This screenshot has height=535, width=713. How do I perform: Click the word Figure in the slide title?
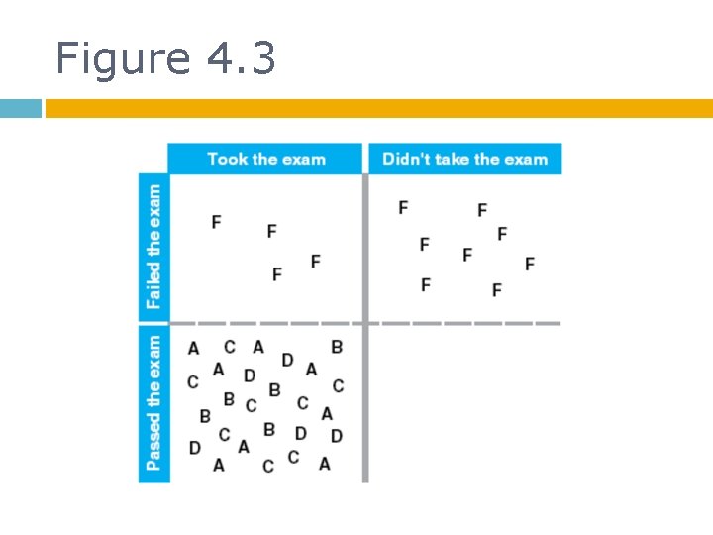(x=121, y=58)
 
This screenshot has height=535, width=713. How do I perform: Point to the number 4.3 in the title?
(x=242, y=58)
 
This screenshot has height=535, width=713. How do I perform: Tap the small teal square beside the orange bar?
(x=20, y=108)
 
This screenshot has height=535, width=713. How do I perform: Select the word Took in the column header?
(x=227, y=159)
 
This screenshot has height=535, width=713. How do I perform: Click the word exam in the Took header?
(x=301, y=159)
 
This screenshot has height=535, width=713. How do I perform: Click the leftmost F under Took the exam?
(x=216, y=221)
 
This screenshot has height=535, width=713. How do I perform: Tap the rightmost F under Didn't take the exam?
(x=530, y=264)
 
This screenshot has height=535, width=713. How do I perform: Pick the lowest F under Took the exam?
(x=276, y=274)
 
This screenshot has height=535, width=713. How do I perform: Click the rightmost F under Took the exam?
(x=315, y=261)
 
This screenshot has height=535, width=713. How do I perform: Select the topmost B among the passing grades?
(x=337, y=347)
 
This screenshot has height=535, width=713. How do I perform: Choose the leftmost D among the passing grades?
(x=194, y=448)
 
